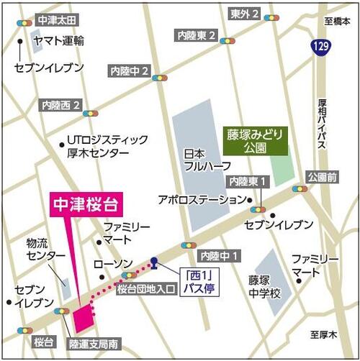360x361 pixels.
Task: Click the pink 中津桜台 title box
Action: point(86,204)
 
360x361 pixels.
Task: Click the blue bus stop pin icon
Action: point(154,262)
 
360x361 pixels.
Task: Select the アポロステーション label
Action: point(202,199)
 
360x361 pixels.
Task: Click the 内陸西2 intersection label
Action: point(61,104)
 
